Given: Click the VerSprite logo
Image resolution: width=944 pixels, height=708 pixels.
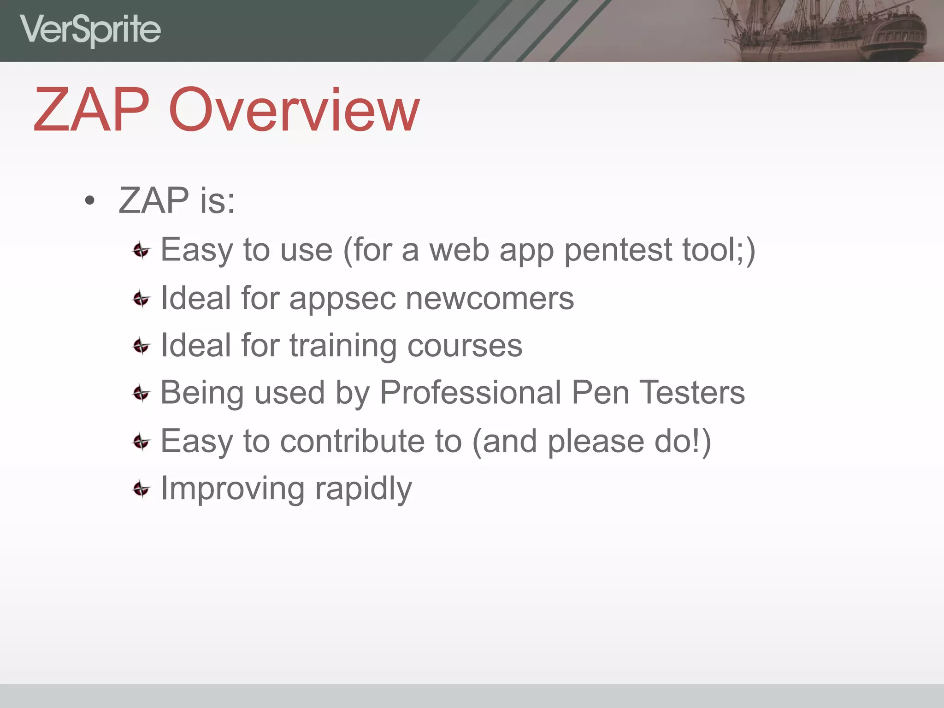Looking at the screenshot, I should click(90, 30).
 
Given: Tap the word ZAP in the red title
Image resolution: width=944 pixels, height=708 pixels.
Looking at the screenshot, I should click(92, 111).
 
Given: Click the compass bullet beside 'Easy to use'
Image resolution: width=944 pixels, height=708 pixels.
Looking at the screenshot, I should click(141, 251).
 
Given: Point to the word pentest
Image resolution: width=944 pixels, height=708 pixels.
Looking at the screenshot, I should click(618, 250).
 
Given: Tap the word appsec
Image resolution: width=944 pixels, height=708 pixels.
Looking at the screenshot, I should click(342, 299).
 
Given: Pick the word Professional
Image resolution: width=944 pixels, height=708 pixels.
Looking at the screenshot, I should click(470, 393).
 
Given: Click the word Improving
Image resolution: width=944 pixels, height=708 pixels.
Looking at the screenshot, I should click(232, 490).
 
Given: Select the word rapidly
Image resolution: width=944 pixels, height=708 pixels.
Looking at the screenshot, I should click(363, 490).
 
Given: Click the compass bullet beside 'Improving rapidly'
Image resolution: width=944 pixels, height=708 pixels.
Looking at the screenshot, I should click(141, 489).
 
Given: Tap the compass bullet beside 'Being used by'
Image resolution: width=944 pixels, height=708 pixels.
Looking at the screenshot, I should click(141, 394).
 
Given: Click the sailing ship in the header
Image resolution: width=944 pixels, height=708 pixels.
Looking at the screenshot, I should click(825, 30).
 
